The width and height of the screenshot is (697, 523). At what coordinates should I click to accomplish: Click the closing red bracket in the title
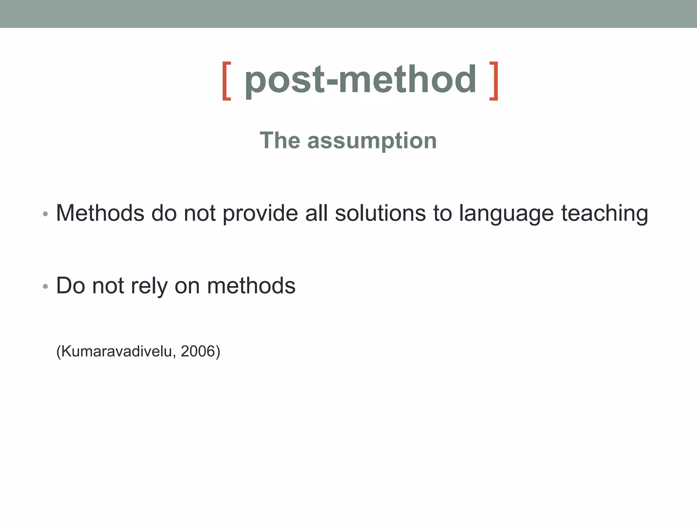coord(494,81)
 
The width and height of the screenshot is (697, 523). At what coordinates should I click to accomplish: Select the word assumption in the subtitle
coord(372,141)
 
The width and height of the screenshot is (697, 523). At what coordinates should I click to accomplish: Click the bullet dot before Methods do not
coord(45,214)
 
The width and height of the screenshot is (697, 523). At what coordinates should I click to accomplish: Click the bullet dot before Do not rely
coord(45,286)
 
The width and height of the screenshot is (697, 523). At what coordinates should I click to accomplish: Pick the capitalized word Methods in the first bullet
coord(100,213)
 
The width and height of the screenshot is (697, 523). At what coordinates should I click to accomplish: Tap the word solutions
coord(380,213)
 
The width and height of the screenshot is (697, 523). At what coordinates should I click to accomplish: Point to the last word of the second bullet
coord(251,285)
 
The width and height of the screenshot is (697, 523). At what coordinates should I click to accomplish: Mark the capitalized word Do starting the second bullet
coord(70,285)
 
